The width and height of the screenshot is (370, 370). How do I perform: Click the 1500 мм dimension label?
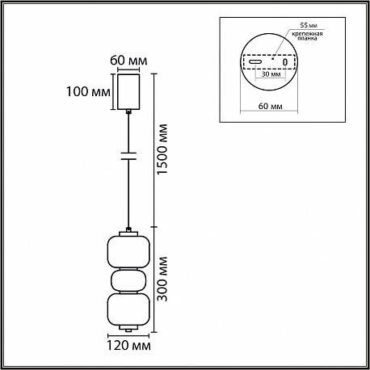(162, 149)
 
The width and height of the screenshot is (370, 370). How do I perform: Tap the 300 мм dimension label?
(162, 279)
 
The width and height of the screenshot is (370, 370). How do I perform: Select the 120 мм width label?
(128, 345)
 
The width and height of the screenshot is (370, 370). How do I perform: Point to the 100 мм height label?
(88, 91)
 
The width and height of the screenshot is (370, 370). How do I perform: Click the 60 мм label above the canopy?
(128, 61)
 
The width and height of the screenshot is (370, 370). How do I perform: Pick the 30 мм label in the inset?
(271, 74)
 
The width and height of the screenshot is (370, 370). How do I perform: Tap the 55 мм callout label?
(309, 25)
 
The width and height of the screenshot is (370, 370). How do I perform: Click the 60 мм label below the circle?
(271, 106)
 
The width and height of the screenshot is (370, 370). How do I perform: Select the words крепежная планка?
(307, 36)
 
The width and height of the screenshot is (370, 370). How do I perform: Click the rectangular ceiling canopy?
(128, 91)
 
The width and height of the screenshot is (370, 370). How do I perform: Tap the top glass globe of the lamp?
(128, 252)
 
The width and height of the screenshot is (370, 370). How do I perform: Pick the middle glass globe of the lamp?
(128, 280)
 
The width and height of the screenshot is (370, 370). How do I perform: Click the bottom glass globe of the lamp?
(128, 309)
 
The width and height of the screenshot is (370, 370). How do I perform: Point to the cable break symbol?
(128, 156)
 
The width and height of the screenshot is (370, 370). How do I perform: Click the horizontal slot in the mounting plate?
(255, 61)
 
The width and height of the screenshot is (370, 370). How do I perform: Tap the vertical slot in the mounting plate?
(285, 62)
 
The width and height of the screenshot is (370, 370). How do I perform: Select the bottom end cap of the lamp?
(128, 328)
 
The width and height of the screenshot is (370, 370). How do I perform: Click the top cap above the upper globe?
(128, 233)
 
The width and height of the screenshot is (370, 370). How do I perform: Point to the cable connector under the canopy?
(128, 111)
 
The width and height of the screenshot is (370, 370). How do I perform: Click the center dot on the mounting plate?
(272, 58)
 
